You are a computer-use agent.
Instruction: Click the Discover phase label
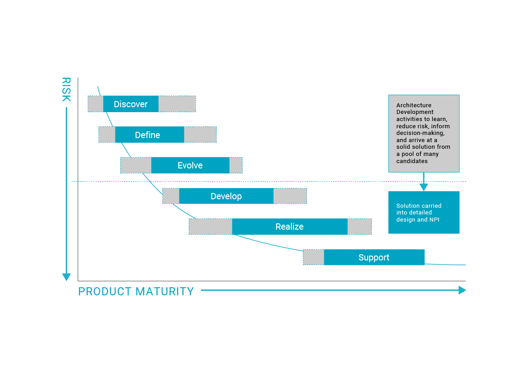131,104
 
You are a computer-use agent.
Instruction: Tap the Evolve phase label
190,165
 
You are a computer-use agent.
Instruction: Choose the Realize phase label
290,227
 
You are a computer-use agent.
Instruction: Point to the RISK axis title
66,89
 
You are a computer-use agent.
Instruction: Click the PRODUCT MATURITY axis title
136,291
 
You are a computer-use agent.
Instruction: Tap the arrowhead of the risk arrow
66,277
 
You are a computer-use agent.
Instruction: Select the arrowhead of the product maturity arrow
462,290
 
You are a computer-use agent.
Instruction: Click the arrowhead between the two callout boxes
424,187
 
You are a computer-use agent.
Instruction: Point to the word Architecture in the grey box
413,105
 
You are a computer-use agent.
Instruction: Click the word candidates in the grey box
412,161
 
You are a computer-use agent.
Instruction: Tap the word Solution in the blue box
408,206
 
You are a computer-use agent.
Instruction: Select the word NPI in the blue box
434,219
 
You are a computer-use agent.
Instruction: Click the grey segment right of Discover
177,104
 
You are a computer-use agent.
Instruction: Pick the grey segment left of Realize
210,227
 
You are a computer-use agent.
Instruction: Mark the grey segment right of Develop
290,196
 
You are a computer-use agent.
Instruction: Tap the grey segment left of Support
314,257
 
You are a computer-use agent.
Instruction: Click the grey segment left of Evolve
136,165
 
